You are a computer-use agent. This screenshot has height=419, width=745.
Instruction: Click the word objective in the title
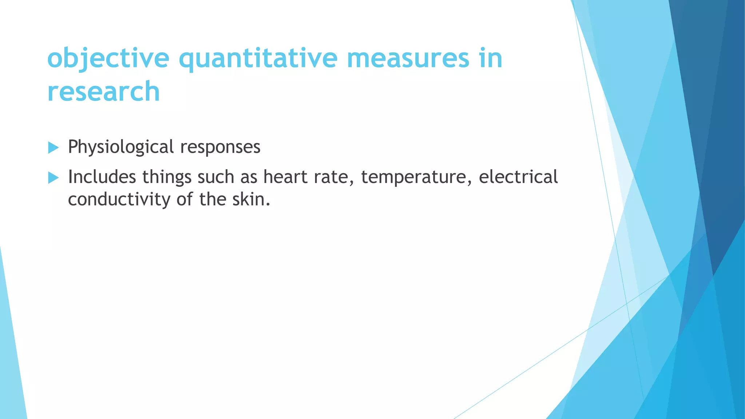click(x=108, y=59)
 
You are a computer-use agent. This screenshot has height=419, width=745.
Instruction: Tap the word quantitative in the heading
click(x=258, y=59)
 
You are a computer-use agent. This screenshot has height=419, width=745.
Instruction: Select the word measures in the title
click(x=408, y=59)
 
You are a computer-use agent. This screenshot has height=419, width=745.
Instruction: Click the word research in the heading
click(x=104, y=92)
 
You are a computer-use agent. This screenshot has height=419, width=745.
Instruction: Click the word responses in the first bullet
click(x=220, y=148)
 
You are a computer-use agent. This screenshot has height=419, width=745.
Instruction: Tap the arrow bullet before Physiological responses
click(x=53, y=148)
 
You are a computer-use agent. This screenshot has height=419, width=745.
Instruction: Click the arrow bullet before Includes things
click(x=53, y=178)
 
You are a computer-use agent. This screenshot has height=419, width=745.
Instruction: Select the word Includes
click(x=102, y=177)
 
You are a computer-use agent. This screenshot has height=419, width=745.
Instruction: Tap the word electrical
click(x=518, y=177)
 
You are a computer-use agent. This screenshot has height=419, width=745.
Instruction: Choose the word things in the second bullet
click(x=167, y=178)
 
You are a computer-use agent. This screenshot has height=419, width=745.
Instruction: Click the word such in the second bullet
click(x=216, y=177)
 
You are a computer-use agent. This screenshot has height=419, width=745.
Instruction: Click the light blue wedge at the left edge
click(x=11, y=364)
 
